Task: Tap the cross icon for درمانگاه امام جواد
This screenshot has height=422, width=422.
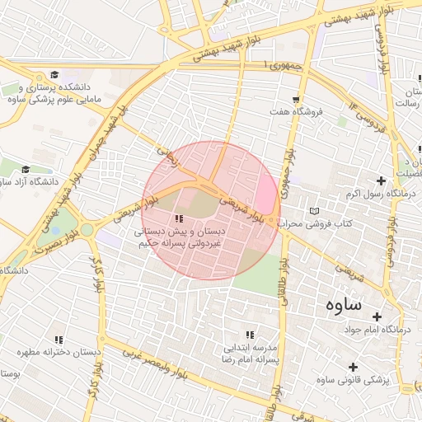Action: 377,316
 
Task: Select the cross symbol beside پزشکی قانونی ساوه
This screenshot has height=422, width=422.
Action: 354,367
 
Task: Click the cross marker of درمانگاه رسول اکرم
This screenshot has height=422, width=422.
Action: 380,181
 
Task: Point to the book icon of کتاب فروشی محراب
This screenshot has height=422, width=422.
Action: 312,211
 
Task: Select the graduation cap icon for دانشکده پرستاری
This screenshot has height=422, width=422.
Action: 55,75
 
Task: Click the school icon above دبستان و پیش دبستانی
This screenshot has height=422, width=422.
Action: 179,218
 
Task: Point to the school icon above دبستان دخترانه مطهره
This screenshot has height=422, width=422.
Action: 59,340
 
